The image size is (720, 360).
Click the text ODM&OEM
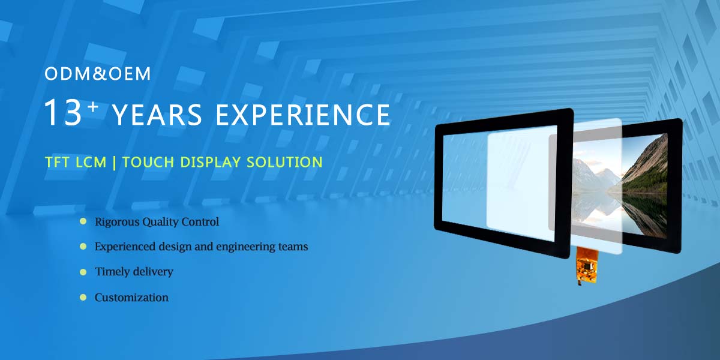pos(98,74)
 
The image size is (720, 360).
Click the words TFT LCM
pos(76,162)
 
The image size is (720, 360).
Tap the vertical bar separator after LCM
pos(114,162)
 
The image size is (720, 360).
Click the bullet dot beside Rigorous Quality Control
pos(83,221)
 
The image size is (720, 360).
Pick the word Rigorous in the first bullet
pos(116,222)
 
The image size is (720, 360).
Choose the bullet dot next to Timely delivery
pos(83,272)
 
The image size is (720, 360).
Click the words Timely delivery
pos(134,272)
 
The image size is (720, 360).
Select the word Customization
pos(131,298)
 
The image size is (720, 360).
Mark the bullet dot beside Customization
pos(83,297)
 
